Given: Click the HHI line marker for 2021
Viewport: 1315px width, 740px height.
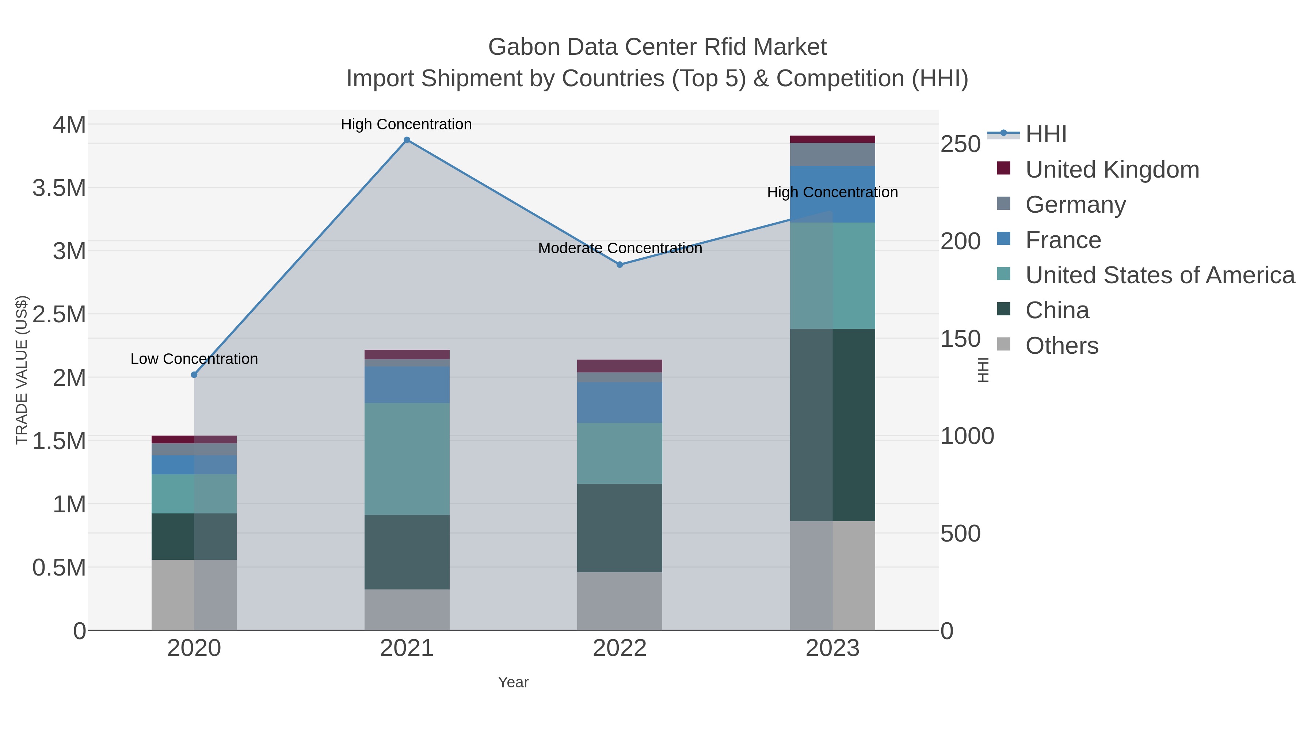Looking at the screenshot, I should coord(407,140).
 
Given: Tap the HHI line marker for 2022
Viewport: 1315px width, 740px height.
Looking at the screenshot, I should coord(620,265).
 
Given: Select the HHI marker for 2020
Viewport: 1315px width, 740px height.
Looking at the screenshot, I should coord(194,375).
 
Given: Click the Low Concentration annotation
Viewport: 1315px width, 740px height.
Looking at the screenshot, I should coord(194,359).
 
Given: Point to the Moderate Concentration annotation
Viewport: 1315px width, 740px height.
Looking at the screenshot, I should coord(620,248).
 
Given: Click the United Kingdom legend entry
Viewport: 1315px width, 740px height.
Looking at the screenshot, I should coord(1112,170).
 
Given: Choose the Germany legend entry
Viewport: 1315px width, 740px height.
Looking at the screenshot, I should coord(1075,205).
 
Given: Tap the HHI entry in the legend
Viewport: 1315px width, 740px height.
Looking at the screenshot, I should coord(1045,134).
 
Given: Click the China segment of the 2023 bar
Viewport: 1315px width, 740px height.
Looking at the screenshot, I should coord(832,425).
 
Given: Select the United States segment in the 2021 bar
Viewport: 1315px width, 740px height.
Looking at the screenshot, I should coord(407,459).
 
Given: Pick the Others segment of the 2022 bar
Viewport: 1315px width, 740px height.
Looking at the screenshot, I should coord(620,601).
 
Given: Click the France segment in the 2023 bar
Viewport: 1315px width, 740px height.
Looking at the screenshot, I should coord(832,194).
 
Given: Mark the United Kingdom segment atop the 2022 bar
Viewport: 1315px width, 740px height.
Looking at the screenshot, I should coord(620,366).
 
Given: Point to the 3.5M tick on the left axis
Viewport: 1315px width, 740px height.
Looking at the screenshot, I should coord(59,188).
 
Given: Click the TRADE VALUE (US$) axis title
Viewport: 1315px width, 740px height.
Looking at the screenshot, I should coord(22,370).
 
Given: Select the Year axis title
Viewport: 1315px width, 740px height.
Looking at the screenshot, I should coord(513,682).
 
